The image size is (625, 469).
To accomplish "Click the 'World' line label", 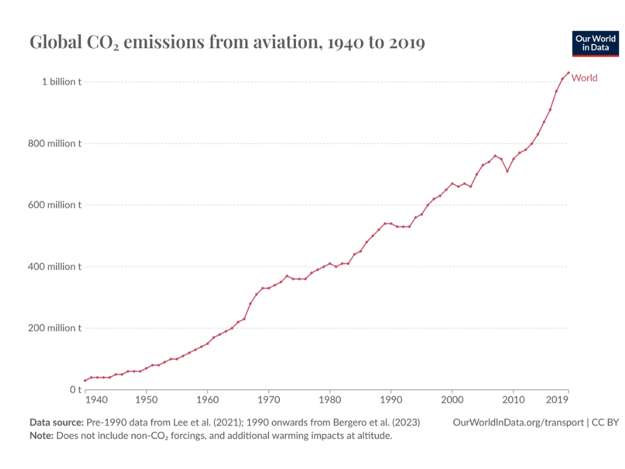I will pos(584,78).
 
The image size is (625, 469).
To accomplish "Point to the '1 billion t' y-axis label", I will pos(61,82).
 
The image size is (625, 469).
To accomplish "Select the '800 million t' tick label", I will pos(56,144).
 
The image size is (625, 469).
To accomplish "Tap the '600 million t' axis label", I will pos(56,205).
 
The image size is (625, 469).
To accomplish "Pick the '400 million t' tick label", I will pos(56,266).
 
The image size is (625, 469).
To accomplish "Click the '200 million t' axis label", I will pos(56,328).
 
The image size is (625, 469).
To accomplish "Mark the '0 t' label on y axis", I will pos(75,390).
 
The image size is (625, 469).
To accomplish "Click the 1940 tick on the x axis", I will pos(95,400).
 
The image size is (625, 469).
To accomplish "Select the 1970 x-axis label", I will pos(269,400).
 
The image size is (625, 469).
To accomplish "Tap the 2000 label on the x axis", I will pos(452,400).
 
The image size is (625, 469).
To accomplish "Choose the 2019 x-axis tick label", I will pos(557,400).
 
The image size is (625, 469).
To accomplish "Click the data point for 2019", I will pos(568,73).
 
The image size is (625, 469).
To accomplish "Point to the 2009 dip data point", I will pos(507,171).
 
